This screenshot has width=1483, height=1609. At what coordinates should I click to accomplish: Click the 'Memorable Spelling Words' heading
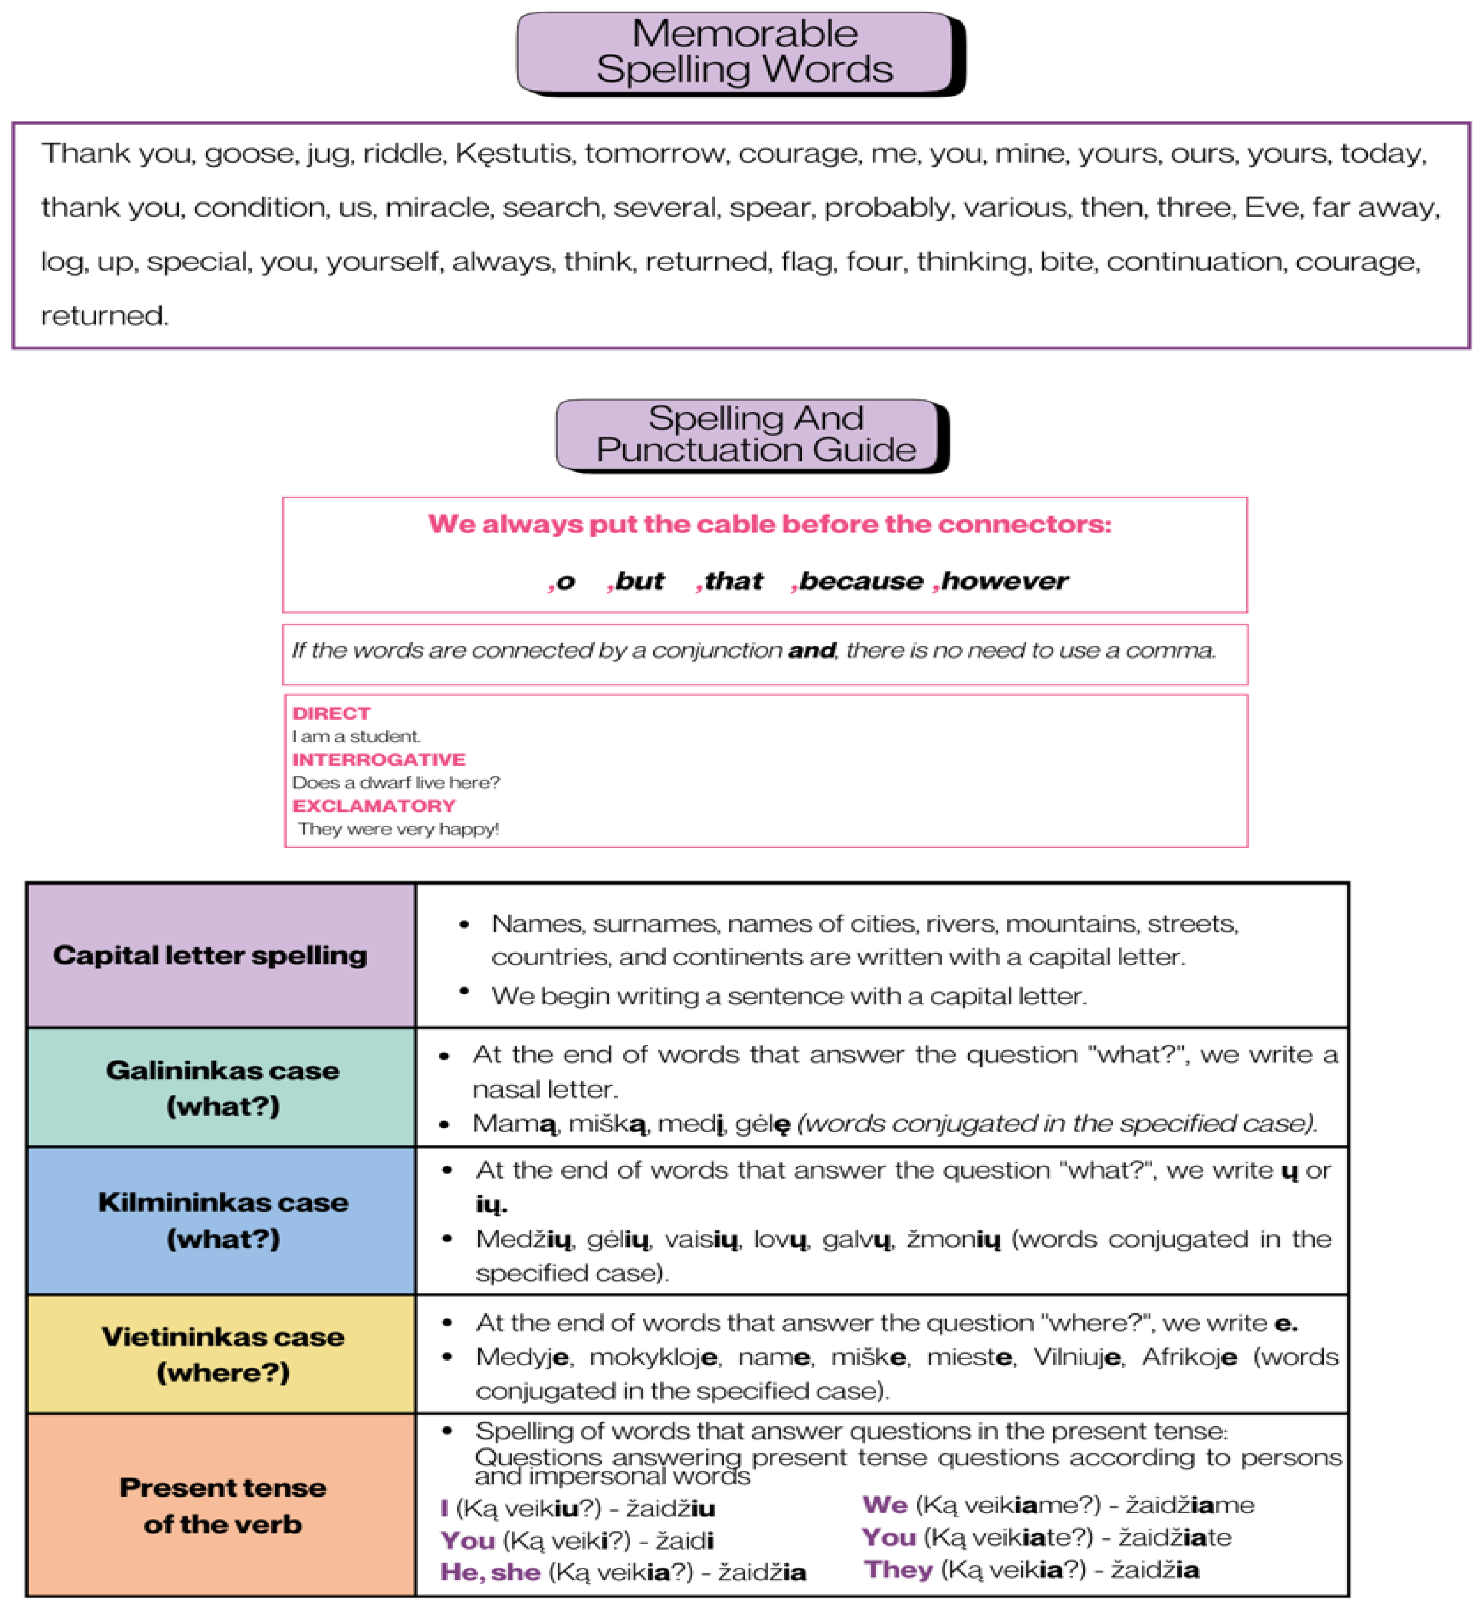744,51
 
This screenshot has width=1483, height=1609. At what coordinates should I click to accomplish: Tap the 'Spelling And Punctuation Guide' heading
755,434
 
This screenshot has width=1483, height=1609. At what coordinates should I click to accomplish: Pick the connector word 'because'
860,581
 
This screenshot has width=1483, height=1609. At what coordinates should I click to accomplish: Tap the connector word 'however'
1005,581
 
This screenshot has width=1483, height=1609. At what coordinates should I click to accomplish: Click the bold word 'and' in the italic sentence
811,650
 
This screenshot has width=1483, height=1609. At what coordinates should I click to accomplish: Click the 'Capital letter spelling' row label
210,955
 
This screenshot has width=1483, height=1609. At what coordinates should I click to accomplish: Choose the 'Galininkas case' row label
222,1071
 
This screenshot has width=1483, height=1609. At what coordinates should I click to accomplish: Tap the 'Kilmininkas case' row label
222,1202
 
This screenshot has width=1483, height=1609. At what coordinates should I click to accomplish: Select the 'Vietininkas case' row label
222,1337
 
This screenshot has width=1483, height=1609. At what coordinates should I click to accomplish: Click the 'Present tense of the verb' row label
222,1506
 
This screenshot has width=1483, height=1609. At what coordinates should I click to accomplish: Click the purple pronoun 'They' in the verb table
898,1570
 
